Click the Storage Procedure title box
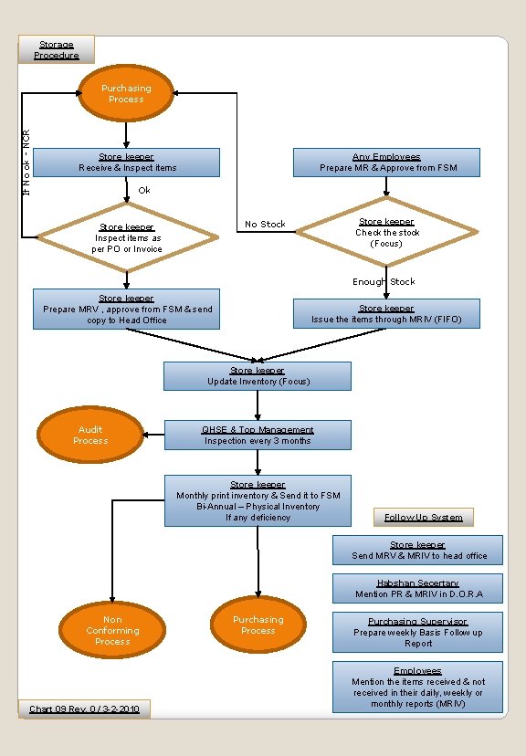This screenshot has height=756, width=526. point(57,50)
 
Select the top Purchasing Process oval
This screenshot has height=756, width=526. point(126,94)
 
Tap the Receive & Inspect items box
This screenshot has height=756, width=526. point(128,163)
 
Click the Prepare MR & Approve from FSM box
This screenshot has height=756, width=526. point(387,163)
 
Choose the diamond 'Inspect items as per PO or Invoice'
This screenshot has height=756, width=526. point(127,238)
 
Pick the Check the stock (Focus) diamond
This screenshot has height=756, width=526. point(386,233)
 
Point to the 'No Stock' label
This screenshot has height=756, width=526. point(265,225)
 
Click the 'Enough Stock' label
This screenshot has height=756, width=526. point(384,282)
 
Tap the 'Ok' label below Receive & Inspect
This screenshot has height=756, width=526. point(144,190)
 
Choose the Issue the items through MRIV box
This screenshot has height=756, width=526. point(386,314)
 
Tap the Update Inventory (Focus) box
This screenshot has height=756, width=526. point(258,376)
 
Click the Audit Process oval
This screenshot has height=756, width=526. point(90,436)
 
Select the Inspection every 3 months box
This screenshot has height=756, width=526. point(258,436)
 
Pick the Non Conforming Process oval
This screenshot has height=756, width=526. point(112,631)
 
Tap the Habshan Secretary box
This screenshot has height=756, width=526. point(417,589)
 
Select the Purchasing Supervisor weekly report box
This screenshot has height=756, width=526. point(417,632)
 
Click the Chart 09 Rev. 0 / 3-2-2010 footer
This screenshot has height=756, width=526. point(84,709)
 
